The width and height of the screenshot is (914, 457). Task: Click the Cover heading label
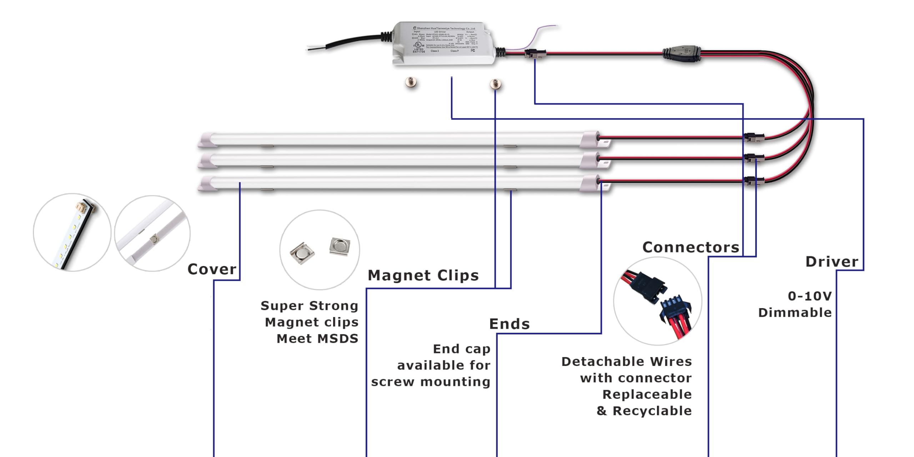tap(212, 269)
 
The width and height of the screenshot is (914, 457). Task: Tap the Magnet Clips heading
tap(423, 276)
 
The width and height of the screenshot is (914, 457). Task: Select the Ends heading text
tap(509, 324)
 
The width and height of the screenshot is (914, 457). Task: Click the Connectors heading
tap(690, 247)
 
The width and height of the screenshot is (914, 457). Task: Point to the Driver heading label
tap(832, 262)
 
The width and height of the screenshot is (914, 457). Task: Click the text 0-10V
tap(810, 296)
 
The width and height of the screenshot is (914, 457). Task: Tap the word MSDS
tap(337, 338)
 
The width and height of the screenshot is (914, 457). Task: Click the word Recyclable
tap(652, 411)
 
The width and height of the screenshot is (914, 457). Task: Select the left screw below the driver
tap(411, 83)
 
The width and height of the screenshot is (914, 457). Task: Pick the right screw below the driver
tap(495, 84)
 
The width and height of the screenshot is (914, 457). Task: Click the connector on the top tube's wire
tap(754, 137)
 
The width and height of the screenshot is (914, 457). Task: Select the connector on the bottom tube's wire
tap(754, 181)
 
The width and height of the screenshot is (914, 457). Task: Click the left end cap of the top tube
tap(207, 140)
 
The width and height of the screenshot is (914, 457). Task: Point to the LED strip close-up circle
tap(72, 232)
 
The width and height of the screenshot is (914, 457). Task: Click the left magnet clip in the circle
tap(302, 253)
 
